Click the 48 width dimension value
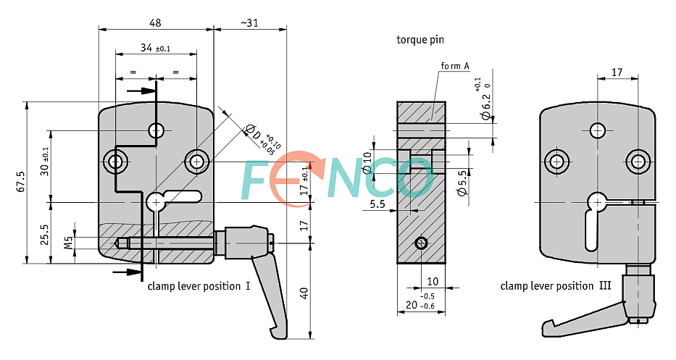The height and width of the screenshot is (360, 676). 155,22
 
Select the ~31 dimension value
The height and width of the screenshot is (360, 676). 249,22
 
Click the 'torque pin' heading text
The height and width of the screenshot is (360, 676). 420,39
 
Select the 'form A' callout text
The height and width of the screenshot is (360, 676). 455,67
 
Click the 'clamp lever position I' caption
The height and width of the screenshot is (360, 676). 199,286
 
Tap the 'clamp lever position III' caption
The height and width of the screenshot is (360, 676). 555,286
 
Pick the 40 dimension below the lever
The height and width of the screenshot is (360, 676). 304,293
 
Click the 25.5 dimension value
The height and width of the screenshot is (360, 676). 45,234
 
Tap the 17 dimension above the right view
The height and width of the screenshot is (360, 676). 617,72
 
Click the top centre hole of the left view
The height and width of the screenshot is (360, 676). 157,130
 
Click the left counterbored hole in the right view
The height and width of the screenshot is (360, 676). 557,162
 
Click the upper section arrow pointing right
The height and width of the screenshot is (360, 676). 142,91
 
